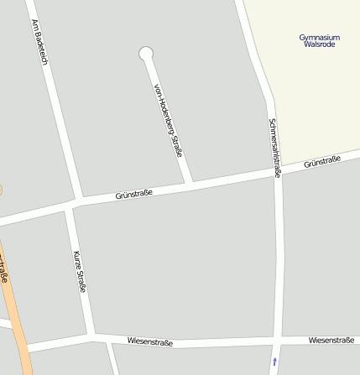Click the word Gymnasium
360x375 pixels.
pos(320,37)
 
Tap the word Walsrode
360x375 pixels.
pos(320,44)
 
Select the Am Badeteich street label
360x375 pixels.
pos(39,41)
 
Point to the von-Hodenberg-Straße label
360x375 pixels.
pos(168,120)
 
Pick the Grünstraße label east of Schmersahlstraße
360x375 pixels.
pos(322,161)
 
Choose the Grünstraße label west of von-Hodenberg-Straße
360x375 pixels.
pos(133,195)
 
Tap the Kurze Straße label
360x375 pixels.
pos(79,270)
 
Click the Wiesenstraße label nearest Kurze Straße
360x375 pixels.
pos(149,342)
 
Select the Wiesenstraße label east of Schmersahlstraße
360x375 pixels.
pos(331,340)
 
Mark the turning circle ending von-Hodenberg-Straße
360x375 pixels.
pos(146,54)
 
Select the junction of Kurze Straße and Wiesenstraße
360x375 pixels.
pos(90,337)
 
